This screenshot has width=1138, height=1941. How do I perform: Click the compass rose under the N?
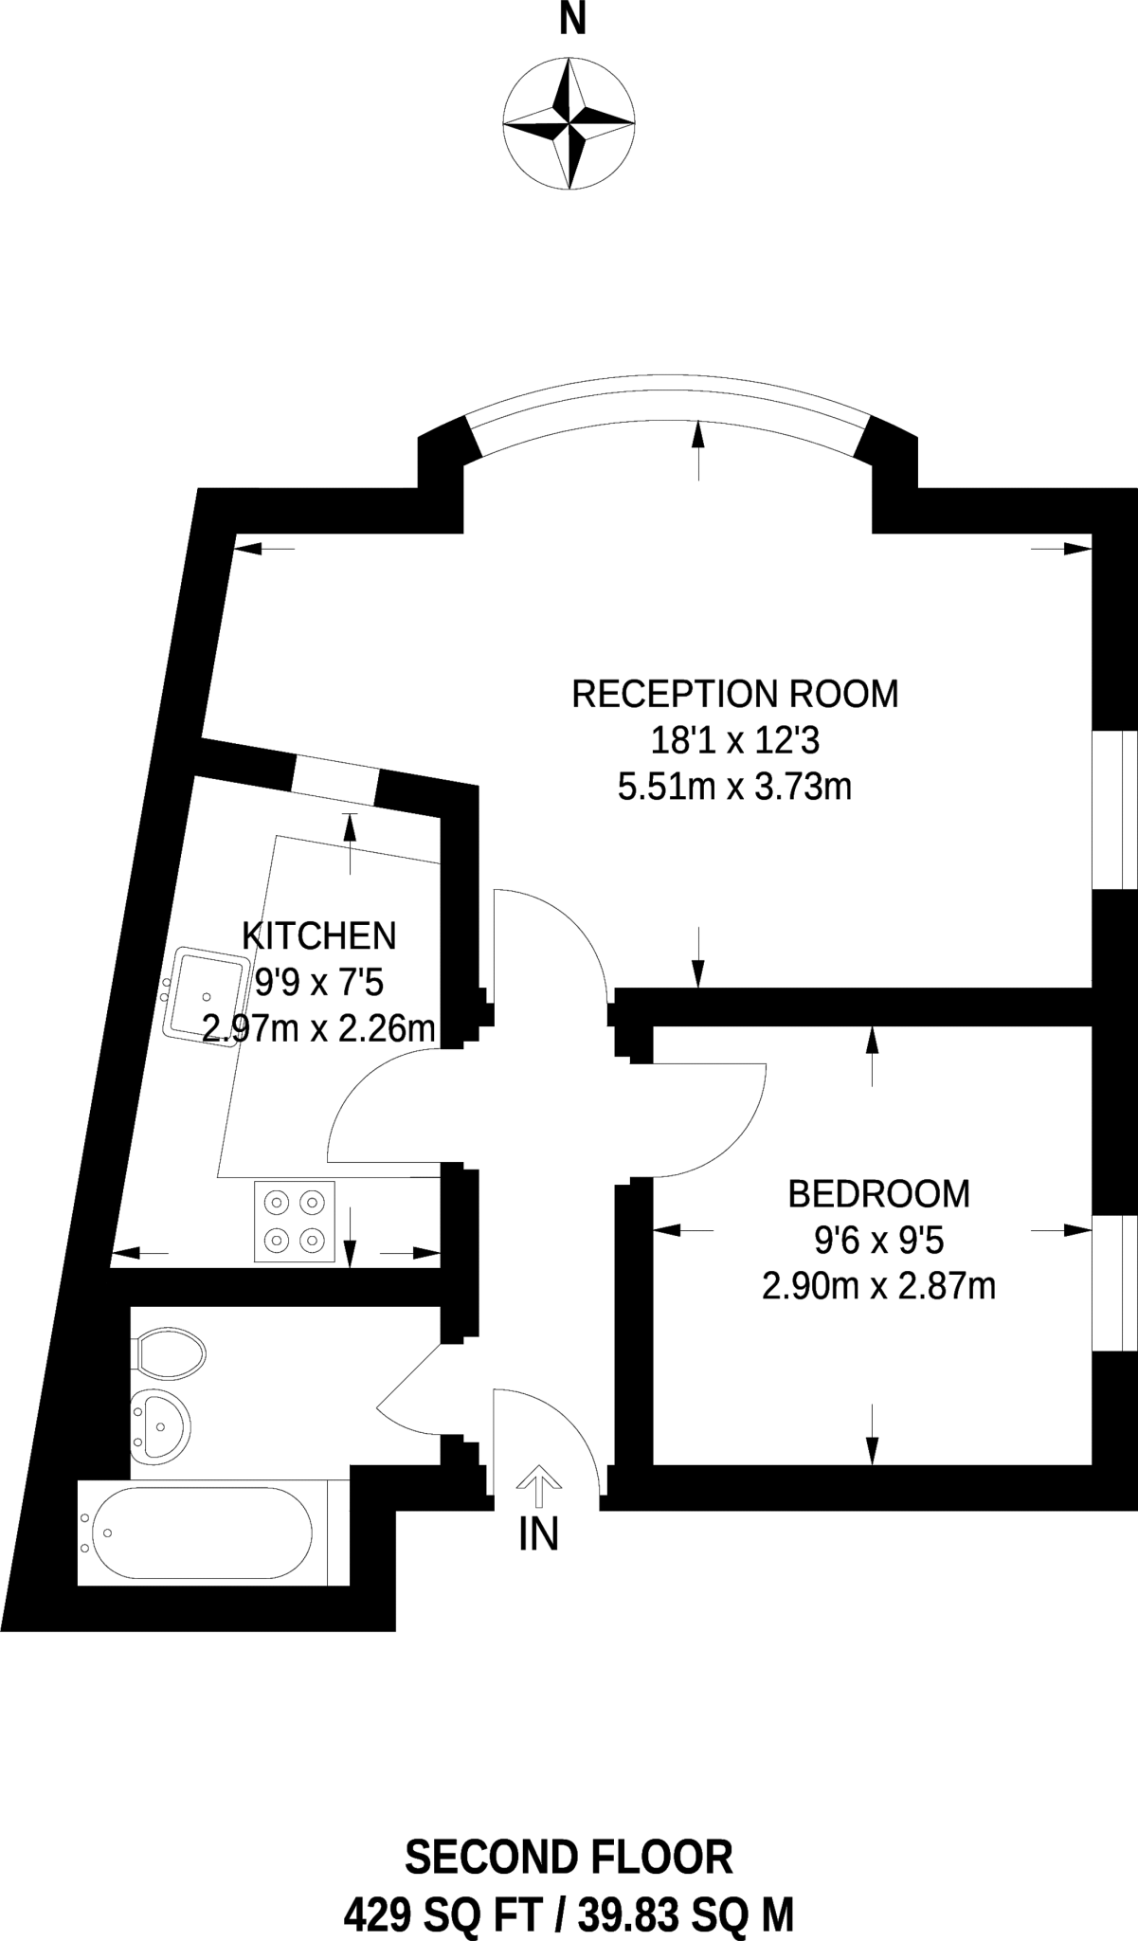pos(569,124)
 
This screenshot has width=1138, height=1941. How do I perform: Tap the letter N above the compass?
pos(572,19)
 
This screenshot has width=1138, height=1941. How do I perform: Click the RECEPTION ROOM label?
pos(735,694)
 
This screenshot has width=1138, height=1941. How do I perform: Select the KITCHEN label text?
pos(319,935)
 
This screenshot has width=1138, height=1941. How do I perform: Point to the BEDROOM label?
pos(879,1193)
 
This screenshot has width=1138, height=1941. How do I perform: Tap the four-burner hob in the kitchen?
pos(295,1222)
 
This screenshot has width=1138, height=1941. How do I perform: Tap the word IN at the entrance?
pos(538,1534)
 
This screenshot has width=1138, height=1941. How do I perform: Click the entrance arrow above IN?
pos(538,1486)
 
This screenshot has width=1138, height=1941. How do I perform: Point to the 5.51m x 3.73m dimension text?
pos(735,787)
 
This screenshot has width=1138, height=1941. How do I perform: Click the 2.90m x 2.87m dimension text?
pos(879,1286)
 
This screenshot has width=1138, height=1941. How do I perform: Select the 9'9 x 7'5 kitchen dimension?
pos(319,982)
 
